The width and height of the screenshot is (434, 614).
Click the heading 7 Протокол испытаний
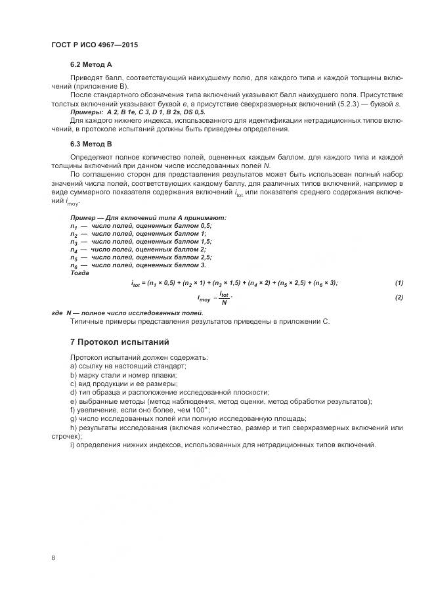tap(119, 342)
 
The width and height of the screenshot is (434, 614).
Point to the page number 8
tap(53, 558)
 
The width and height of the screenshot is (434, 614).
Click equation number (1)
tap(399, 283)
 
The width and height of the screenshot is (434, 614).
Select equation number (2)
tap(399, 298)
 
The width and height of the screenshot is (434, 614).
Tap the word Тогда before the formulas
tap(79, 273)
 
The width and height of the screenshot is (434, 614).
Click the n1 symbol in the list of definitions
tap(74, 226)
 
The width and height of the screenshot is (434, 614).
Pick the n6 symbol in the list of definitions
tap(74, 265)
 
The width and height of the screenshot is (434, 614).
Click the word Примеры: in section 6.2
tap(86, 113)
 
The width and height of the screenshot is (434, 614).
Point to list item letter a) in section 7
tap(73, 366)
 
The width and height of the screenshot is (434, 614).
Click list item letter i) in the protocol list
tap(72, 445)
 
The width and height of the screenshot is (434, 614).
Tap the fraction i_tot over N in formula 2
tap(224, 298)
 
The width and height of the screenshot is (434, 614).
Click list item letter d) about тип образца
tap(73, 392)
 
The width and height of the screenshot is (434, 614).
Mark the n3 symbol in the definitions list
tap(74, 242)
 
